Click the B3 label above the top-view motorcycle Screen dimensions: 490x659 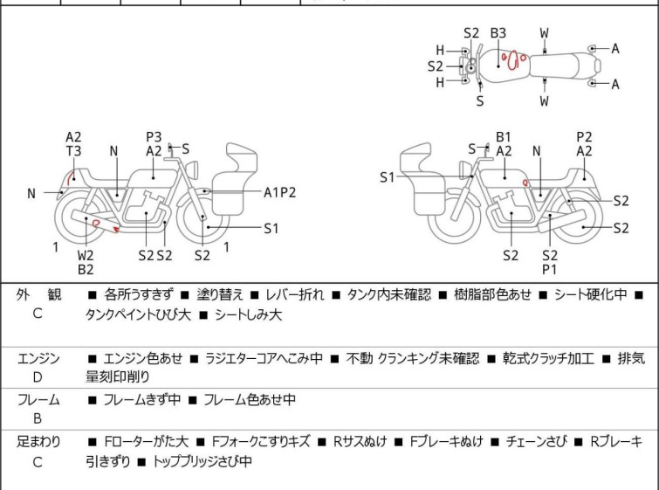498,33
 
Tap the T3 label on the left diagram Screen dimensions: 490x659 73,150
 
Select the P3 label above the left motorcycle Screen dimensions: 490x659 154,136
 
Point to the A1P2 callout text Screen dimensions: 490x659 280,192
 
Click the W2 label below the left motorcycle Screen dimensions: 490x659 86,256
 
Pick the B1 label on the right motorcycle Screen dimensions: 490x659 504,136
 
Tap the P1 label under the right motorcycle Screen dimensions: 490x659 550,270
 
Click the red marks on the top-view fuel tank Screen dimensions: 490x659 512,61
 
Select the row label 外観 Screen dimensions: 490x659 38,295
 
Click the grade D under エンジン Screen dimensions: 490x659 38,377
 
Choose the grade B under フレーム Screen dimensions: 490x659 38,418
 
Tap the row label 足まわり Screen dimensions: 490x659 38,442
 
